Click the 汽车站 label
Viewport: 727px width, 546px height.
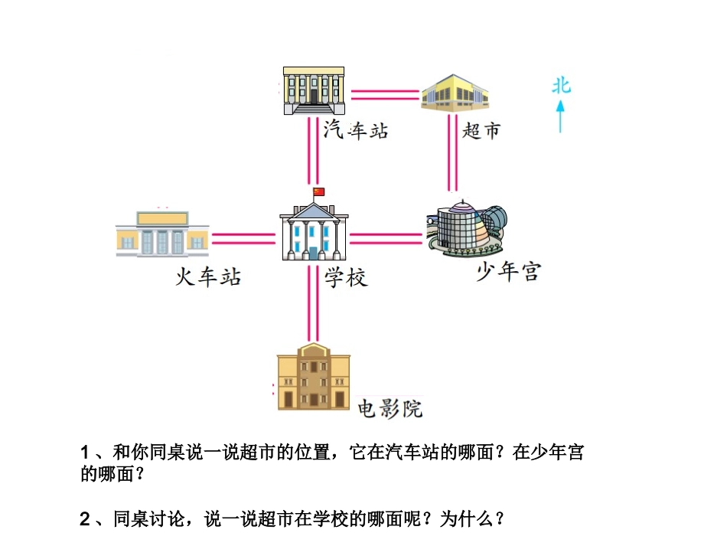356,129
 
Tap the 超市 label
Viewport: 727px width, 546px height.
481,131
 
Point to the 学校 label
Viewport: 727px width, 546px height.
346,277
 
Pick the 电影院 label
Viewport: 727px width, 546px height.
390,408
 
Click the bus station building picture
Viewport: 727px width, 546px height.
313,90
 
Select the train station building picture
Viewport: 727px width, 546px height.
162,233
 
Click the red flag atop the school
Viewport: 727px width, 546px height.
319,191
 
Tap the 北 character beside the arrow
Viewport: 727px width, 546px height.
562,86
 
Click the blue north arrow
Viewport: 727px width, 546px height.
561,116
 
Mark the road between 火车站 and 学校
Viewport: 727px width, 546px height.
243,239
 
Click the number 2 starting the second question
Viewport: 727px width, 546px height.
85,519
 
